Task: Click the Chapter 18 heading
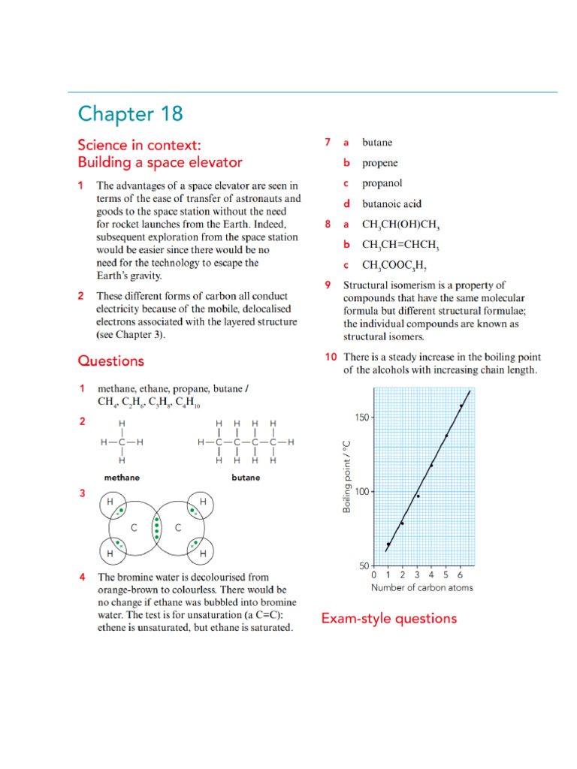point(130,115)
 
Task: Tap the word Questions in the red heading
point(110,360)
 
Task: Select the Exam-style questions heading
point(388,618)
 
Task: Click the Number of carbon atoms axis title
point(421,588)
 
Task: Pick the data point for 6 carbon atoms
point(461,406)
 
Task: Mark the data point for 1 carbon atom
point(388,544)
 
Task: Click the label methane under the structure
point(121,477)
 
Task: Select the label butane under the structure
point(246,477)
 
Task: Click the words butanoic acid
point(391,204)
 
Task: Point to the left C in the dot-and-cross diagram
point(134,528)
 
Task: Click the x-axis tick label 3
point(417,575)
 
